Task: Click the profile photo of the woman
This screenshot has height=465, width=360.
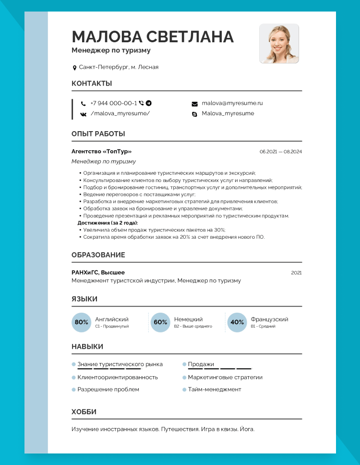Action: coord(279,43)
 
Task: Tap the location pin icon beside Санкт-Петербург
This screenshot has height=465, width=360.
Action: coord(74,68)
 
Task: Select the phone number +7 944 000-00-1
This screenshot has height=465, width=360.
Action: coord(113,103)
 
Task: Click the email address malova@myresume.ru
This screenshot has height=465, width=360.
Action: coord(232,103)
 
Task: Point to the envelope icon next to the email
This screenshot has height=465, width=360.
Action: coord(194,104)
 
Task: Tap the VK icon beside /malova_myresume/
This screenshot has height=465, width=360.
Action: coord(84,114)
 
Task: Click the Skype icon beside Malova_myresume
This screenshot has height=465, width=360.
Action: coord(194,114)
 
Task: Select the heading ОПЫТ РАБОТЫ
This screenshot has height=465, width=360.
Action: coord(98,134)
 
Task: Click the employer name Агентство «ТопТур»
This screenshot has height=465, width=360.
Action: coord(101,151)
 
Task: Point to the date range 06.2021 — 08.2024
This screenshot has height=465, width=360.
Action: coord(281,152)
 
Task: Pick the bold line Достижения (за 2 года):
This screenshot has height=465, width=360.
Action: coord(108,223)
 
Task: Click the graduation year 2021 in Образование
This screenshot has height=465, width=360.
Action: coord(296,273)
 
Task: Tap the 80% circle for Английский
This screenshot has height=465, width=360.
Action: coord(82,322)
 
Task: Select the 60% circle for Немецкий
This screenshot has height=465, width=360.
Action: coord(160,322)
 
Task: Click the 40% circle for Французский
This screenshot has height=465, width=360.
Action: coord(237,322)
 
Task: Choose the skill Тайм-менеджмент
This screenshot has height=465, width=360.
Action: coord(215,389)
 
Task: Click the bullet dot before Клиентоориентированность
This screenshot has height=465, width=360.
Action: coord(74,377)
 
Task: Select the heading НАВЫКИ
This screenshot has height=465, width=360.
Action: coord(87,346)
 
